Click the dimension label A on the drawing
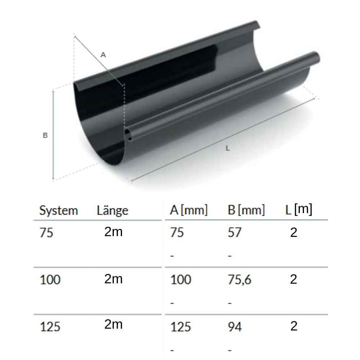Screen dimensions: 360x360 (x=103, y=55)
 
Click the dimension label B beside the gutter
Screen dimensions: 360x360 (x=45, y=136)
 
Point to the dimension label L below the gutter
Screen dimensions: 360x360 (x=228, y=148)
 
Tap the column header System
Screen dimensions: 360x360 (x=58, y=211)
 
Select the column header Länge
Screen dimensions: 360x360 (x=112, y=211)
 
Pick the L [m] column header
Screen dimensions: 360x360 (x=298, y=210)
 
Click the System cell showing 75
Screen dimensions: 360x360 (x=46, y=233)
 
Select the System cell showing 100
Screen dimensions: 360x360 (x=50, y=280)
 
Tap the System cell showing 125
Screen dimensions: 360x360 (x=50, y=327)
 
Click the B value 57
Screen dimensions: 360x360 (x=234, y=233)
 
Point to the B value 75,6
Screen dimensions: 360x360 (x=239, y=280)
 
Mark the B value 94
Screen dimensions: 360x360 (x=235, y=327)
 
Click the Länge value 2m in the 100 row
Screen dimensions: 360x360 (x=113, y=279)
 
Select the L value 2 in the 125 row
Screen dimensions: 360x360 (x=294, y=326)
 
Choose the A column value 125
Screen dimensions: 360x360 (x=180, y=327)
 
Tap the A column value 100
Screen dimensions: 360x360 (x=180, y=280)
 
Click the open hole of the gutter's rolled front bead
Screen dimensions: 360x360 (x=128, y=135)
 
